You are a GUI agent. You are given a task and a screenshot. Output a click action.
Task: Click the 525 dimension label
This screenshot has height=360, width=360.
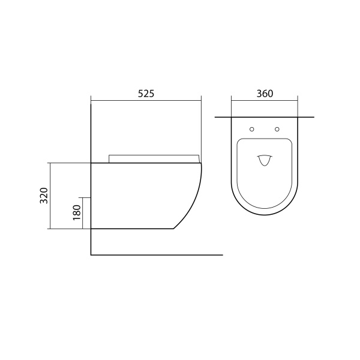(146, 94)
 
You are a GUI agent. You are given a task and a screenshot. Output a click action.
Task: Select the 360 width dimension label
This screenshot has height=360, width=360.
(265, 94)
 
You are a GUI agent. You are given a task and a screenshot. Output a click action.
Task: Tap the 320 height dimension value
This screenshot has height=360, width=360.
(44, 196)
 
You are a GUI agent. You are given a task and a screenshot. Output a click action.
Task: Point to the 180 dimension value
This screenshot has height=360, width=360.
(77, 212)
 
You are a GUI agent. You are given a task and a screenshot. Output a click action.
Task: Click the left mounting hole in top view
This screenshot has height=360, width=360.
(252, 129)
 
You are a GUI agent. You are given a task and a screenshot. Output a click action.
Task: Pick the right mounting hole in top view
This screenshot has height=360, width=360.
(277, 129)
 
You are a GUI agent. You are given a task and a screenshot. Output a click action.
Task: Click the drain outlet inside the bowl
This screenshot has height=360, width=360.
(265, 160)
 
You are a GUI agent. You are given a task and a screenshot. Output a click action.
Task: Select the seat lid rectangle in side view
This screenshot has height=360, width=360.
(154, 159)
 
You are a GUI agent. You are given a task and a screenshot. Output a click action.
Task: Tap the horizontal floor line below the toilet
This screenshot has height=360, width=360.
(157, 255)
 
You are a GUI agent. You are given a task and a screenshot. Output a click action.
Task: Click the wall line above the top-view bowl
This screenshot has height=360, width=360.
(265, 118)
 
